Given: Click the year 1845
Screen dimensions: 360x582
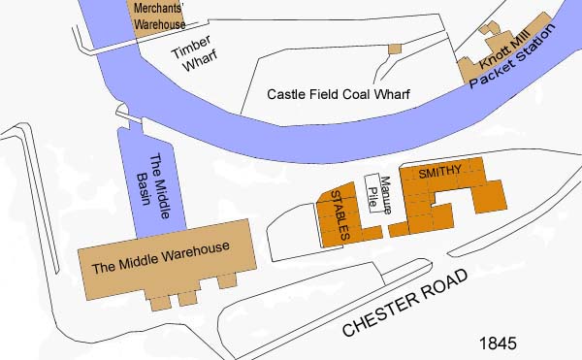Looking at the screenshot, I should click(498, 344).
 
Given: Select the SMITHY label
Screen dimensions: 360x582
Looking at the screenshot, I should click(439, 172).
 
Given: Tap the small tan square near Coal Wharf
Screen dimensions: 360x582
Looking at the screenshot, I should click(394, 49).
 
